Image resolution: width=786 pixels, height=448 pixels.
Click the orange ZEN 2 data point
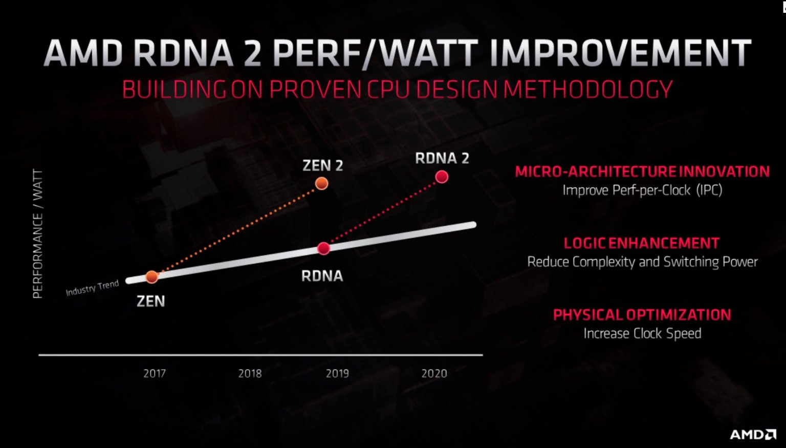tap(321, 183)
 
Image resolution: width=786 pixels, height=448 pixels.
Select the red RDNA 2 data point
tap(442, 177)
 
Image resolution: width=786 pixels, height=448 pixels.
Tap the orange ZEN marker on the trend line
tap(152, 277)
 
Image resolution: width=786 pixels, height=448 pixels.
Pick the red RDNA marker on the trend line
tap(323, 249)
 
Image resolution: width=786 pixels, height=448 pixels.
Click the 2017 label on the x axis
tap(155, 373)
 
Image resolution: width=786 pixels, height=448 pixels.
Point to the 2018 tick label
tap(250, 373)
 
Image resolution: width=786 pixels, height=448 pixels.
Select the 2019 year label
tap(337, 373)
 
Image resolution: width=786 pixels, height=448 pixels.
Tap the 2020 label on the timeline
tap(434, 373)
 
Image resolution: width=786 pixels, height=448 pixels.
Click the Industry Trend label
tap(92, 288)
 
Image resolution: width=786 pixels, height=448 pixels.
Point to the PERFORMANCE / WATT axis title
tap(38, 233)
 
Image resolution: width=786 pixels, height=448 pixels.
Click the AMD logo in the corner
tap(753, 435)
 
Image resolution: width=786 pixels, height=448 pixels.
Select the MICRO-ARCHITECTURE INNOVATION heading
tap(642, 172)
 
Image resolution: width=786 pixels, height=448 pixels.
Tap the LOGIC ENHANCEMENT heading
tap(642, 243)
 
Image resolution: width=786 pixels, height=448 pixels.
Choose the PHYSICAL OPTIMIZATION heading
tap(642, 315)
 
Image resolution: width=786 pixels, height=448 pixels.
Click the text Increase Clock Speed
tap(642, 334)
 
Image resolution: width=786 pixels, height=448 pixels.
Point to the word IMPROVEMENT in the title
tap(620, 53)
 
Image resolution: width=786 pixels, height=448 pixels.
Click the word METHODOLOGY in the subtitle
tap(588, 90)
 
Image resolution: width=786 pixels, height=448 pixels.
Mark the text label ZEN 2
tap(322, 165)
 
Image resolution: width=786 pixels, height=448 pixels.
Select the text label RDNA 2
tap(442, 158)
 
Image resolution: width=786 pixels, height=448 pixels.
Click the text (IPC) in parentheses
tap(709, 190)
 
